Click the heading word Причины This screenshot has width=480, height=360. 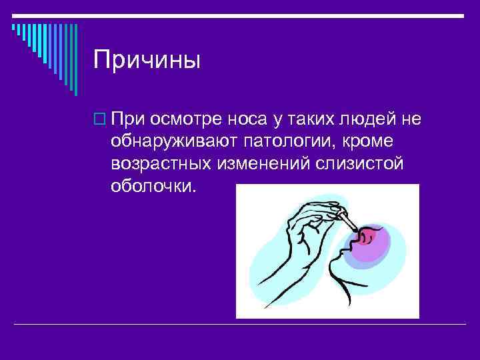[x=146, y=59]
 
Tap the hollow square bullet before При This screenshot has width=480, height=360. [x=99, y=121]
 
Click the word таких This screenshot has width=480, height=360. [x=301, y=120]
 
